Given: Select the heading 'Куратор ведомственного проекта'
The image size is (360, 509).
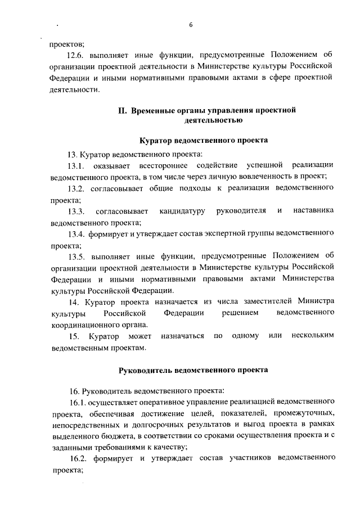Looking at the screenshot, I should [x=203, y=140].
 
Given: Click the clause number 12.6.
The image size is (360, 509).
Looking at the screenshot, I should [x=76, y=55].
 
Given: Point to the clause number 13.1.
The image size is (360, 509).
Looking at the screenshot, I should [x=76, y=165].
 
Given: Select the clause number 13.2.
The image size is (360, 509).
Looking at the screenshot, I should [x=76, y=188].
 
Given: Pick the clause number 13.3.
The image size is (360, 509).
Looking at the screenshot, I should [x=76, y=211].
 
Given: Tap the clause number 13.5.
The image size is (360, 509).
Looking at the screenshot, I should [x=76, y=256].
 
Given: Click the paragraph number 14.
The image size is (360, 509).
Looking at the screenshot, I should [x=73, y=302].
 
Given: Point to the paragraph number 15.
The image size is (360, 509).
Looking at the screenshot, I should [x=73, y=336].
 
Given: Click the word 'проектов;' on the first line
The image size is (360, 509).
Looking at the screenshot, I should [x=66, y=43].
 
